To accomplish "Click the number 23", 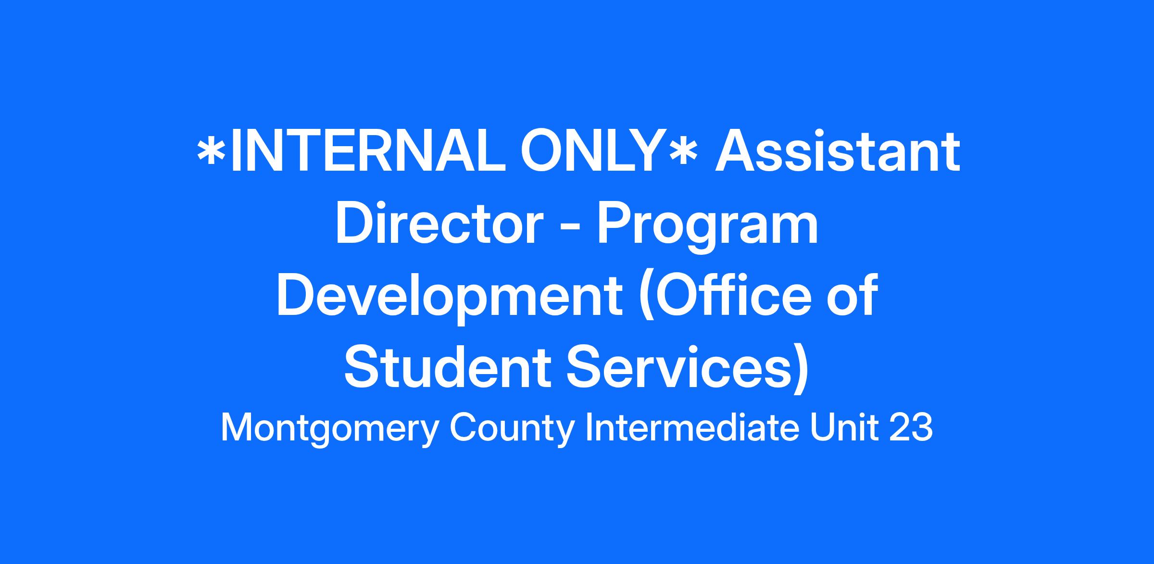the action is click(x=911, y=428).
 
